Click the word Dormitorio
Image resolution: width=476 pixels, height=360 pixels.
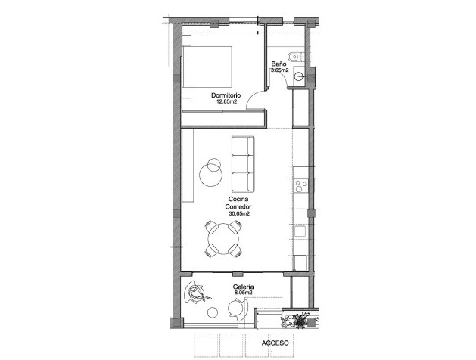pos(226,95)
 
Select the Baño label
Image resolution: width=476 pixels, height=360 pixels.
pos(278,65)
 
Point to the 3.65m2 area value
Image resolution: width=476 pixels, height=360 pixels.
pos(279,71)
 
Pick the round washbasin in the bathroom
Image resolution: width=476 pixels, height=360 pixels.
pos(300,75)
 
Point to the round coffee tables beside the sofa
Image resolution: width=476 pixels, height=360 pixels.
pos(211,171)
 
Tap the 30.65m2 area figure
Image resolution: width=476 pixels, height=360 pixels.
pos(238,214)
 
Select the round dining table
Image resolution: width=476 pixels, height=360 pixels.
pos(225,241)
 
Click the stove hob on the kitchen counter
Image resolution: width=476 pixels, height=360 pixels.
pos(300,185)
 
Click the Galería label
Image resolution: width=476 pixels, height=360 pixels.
pos(243,287)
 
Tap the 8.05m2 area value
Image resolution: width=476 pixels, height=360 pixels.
pos(243,293)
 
